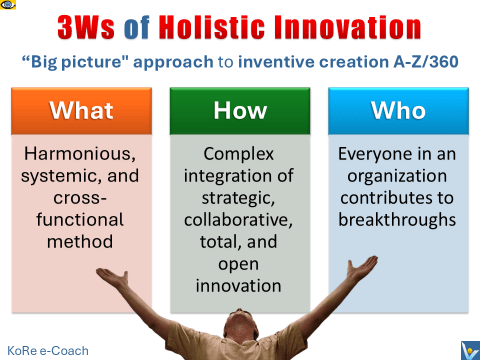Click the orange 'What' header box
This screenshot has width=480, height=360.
[82, 111]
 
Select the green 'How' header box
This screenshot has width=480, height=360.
[240, 111]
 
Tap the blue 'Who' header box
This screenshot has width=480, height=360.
[397, 111]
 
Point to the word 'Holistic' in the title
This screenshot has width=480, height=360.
[244, 21]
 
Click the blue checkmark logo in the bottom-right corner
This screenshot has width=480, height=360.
[466, 347]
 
